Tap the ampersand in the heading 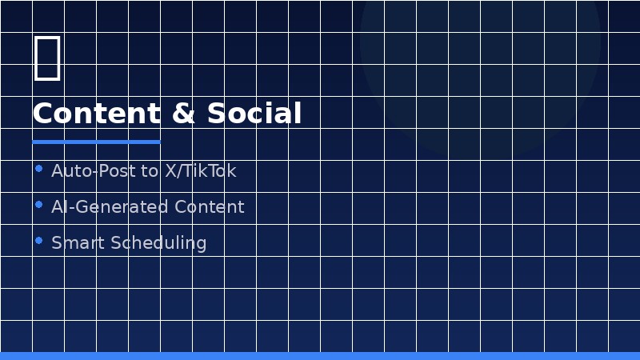point(183,114)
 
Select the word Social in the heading point(254,114)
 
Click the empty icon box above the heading point(47,58)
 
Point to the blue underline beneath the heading point(96,142)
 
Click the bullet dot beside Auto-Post point(39,169)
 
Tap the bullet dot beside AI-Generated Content point(39,205)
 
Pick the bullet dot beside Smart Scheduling point(39,241)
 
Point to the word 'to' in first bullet point(149,171)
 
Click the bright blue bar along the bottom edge point(320,356)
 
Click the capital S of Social point(216,114)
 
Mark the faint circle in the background point(480,48)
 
